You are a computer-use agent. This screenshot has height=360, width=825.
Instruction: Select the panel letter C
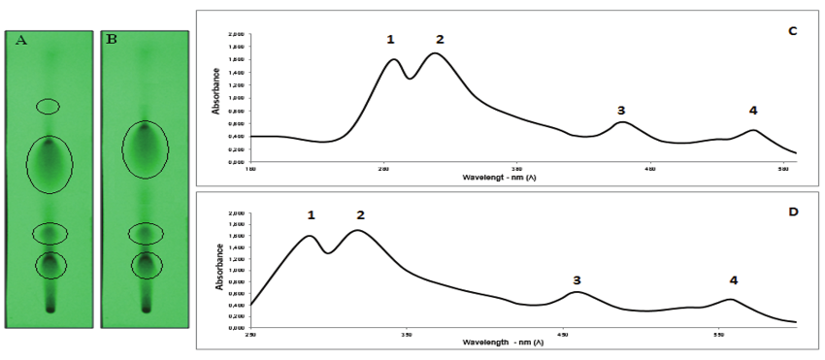pyautogui.click(x=792, y=31)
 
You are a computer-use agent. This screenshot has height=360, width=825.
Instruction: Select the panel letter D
pyautogui.click(x=792, y=211)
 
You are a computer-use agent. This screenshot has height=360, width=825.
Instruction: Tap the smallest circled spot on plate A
pyautogui.click(x=49, y=106)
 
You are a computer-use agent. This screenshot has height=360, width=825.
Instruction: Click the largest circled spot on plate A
pyautogui.click(x=49, y=164)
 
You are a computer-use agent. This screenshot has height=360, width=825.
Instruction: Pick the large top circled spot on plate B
pyautogui.click(x=146, y=150)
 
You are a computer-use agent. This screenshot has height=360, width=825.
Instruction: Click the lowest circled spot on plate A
pyautogui.click(x=50, y=264)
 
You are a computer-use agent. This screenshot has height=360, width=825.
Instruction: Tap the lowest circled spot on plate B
pyautogui.click(x=146, y=264)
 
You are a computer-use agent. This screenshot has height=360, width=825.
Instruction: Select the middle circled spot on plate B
pyautogui.click(x=146, y=234)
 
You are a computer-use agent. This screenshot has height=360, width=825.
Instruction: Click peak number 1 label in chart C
pyautogui.click(x=390, y=40)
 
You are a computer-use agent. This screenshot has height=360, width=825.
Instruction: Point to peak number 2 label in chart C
pyautogui.click(x=440, y=40)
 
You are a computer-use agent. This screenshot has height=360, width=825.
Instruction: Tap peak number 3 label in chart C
pyautogui.click(x=621, y=110)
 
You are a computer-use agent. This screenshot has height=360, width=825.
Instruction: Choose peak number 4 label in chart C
pyautogui.click(x=753, y=110)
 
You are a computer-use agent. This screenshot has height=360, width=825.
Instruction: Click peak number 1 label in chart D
pyautogui.click(x=311, y=214)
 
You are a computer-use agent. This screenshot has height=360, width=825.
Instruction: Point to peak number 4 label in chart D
pyautogui.click(x=734, y=279)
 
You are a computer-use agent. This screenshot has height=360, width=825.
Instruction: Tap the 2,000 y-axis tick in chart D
pyautogui.click(x=234, y=213)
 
